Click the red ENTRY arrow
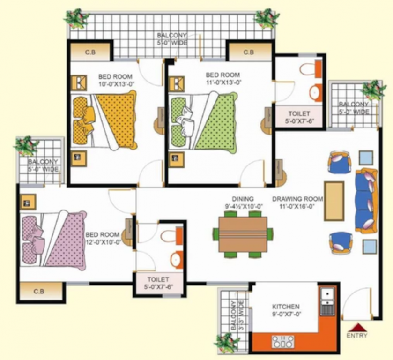coord(357,327)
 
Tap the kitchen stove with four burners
coord(283,341)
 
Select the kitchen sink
coord(326,302)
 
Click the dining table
coord(243,234)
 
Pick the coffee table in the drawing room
coord(334,201)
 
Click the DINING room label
coord(243,199)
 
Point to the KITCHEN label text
coord(286,307)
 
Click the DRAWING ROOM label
coord(297,199)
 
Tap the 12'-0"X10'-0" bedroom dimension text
coord(104,242)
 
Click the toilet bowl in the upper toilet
coord(307,69)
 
